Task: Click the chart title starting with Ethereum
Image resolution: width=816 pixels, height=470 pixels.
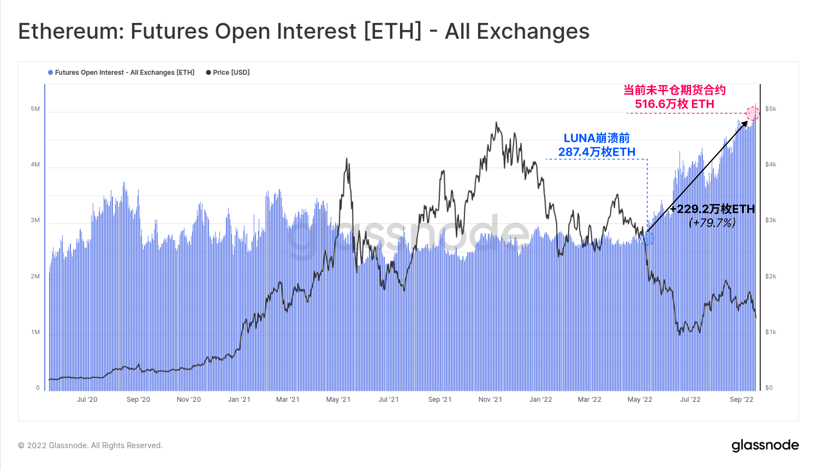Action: point(303,31)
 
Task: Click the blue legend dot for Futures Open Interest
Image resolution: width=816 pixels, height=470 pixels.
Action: point(50,72)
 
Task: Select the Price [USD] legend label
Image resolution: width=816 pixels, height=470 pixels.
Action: point(231,72)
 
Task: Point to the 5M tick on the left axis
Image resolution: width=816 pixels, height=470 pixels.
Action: point(35,109)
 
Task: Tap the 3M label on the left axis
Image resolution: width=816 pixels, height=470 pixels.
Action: point(35,220)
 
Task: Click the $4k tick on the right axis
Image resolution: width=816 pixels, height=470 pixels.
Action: point(771,164)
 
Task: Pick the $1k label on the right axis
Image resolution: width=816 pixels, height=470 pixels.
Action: point(771,332)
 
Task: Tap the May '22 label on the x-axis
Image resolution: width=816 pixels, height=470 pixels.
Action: point(640,399)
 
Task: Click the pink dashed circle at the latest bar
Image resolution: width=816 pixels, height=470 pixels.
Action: point(752,113)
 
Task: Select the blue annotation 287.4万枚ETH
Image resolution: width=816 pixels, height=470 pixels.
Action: point(597,152)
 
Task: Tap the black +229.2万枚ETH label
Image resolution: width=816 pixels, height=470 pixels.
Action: point(712,209)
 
